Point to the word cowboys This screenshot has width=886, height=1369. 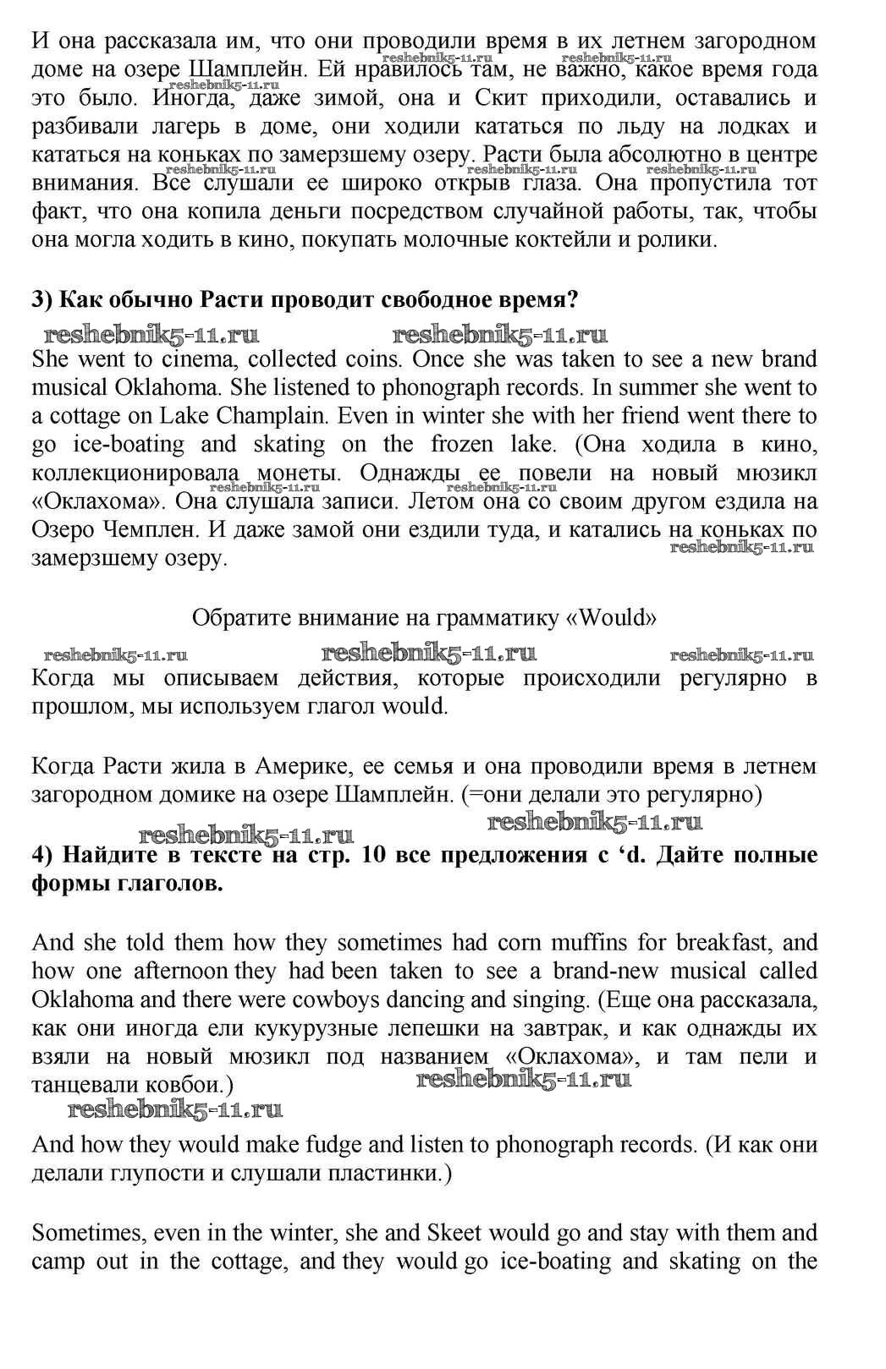pyautogui.click(x=333, y=999)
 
